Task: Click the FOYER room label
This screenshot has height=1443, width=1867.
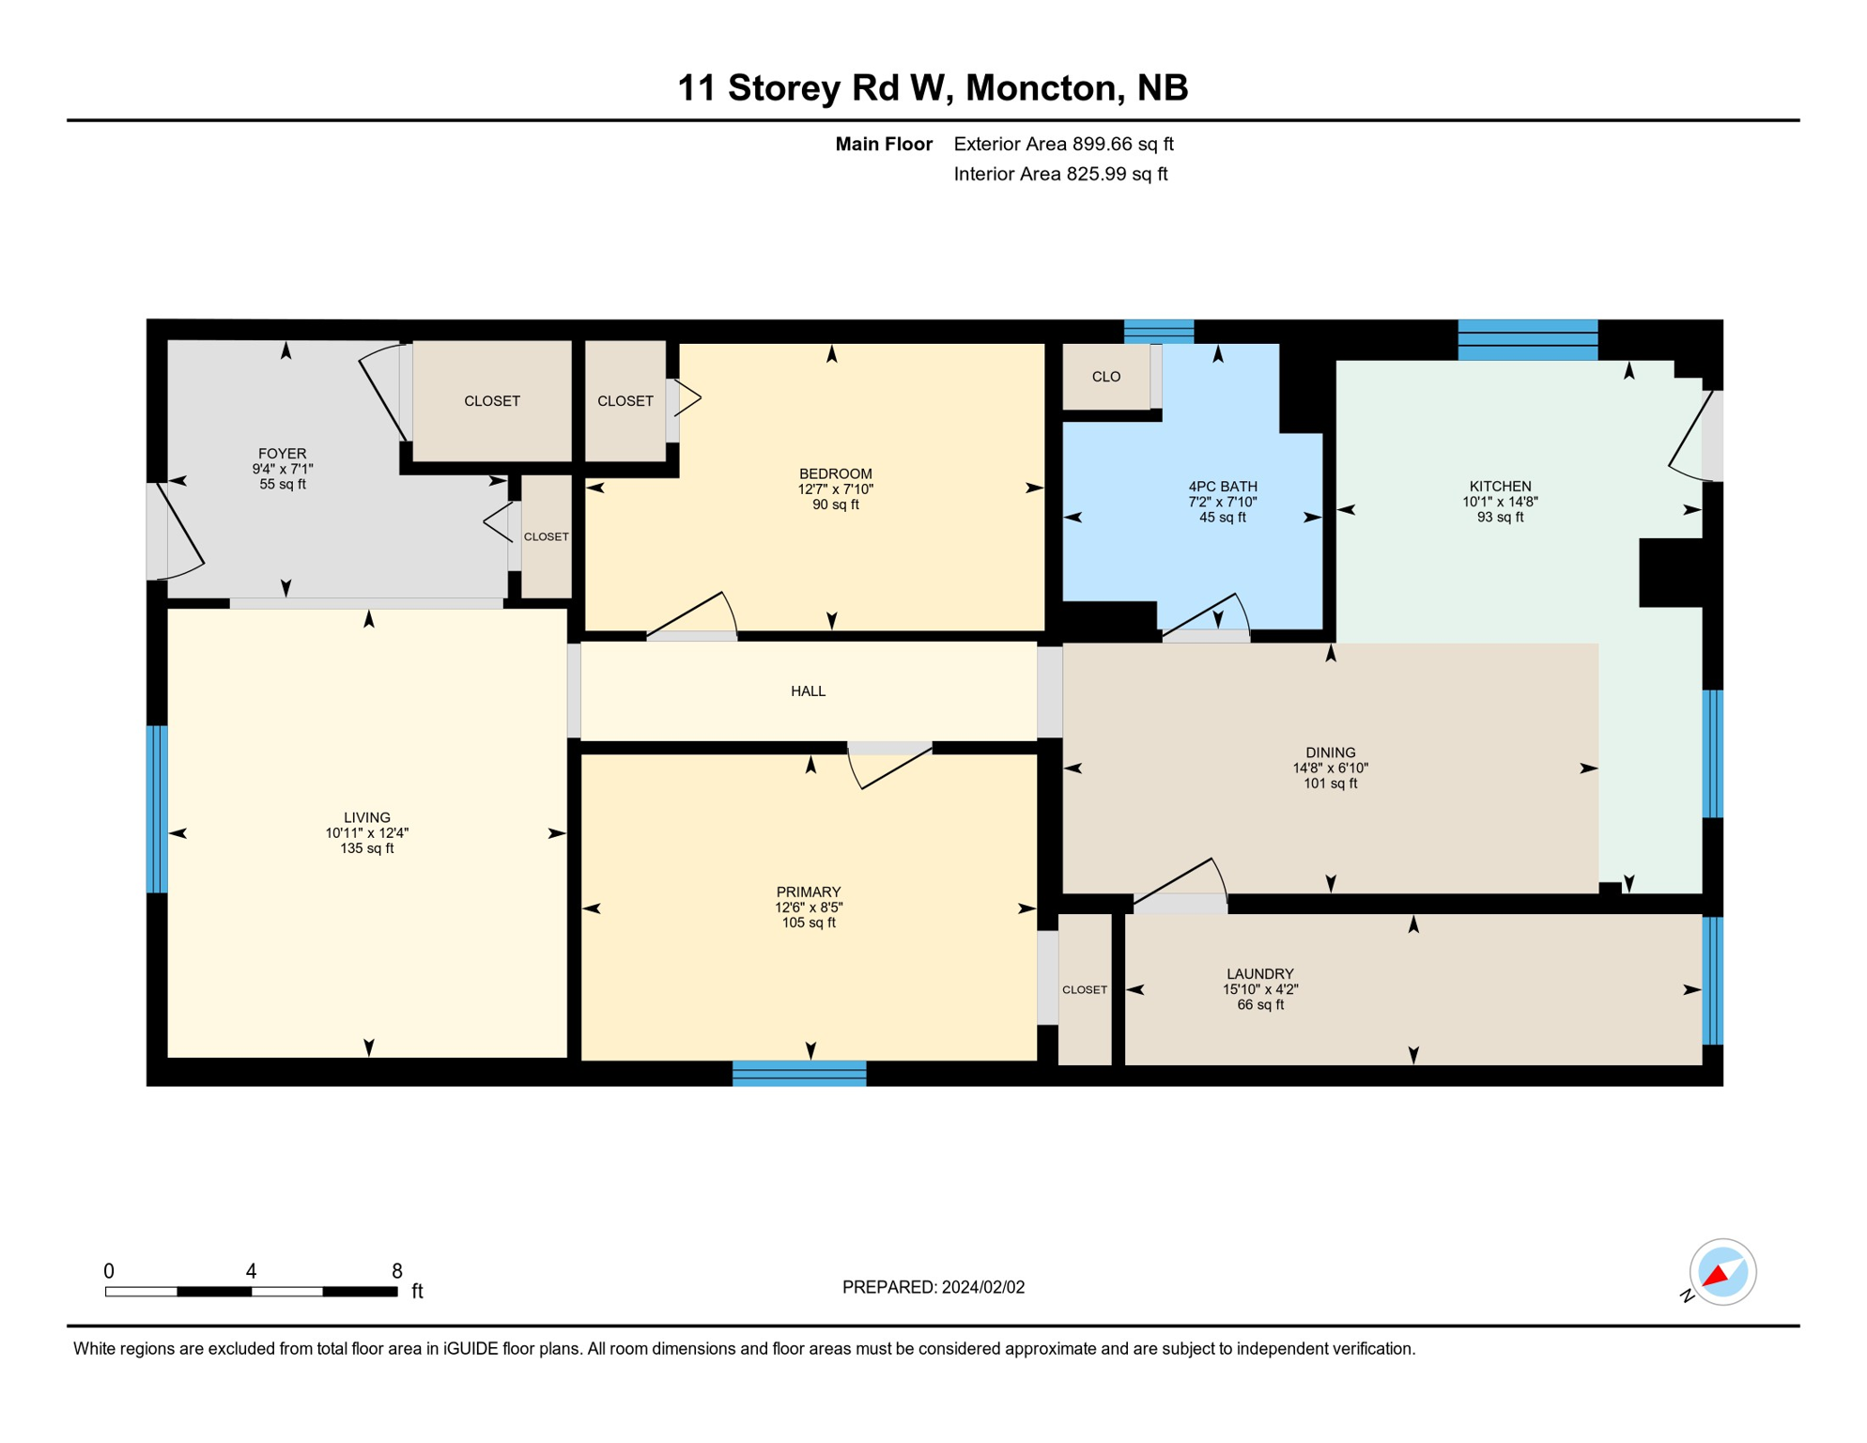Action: [282, 454]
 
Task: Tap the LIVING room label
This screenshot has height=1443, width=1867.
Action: [366, 817]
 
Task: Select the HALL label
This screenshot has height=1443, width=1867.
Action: [808, 691]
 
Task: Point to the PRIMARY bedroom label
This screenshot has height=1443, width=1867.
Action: [808, 892]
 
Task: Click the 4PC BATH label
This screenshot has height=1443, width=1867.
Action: [1222, 487]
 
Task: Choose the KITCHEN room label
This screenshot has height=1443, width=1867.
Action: [1500, 487]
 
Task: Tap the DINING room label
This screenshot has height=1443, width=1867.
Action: [1330, 753]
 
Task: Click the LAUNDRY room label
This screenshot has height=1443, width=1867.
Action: [1259, 974]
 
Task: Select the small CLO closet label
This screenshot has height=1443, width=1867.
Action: [1105, 377]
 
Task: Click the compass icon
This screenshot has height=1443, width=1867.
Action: [1721, 1272]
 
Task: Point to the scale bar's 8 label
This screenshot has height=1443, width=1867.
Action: [397, 1271]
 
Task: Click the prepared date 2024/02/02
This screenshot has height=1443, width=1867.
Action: [983, 1287]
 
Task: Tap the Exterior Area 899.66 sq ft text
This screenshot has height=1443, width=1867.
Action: [1063, 144]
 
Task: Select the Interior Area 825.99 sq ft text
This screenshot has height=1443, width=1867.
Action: [1060, 174]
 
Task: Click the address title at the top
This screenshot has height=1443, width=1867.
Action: [933, 88]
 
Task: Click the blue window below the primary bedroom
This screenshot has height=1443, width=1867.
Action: [799, 1073]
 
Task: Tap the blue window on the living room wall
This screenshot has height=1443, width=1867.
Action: [157, 809]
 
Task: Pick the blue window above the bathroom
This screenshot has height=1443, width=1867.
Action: [1159, 332]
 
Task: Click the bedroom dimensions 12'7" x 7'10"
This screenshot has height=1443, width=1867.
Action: [835, 489]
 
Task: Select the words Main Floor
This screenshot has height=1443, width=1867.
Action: [884, 144]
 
